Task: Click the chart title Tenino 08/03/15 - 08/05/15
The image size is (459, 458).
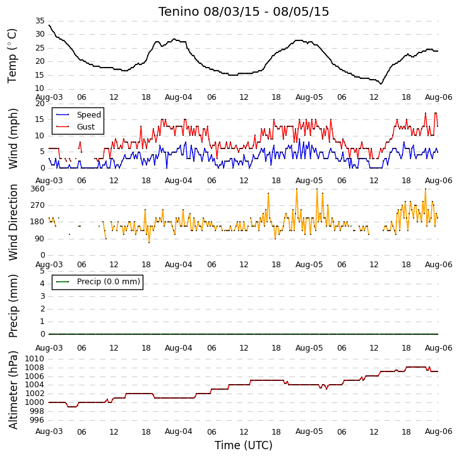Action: pos(244,12)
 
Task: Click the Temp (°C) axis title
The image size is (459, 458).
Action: pos(12,56)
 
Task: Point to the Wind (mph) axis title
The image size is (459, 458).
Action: pos(13,138)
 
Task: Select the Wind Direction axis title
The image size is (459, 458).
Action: pos(13,222)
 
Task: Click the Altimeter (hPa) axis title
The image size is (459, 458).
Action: pos(13,390)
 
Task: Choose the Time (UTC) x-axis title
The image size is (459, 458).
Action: pos(244,445)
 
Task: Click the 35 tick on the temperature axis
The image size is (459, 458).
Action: pos(40,21)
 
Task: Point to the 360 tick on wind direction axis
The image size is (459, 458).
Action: pos(37,189)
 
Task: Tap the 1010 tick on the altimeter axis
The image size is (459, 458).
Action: pos(35,359)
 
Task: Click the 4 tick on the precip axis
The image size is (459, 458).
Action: pos(42,284)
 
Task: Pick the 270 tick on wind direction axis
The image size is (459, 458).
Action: pos(37,205)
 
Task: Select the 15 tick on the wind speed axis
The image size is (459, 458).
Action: pos(40,119)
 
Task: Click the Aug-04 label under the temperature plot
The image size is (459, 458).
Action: pos(179,97)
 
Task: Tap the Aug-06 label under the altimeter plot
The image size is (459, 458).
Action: pos(439,431)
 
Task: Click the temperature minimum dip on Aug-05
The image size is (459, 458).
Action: pos(381,84)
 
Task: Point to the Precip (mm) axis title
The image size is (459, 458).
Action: pos(13,306)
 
